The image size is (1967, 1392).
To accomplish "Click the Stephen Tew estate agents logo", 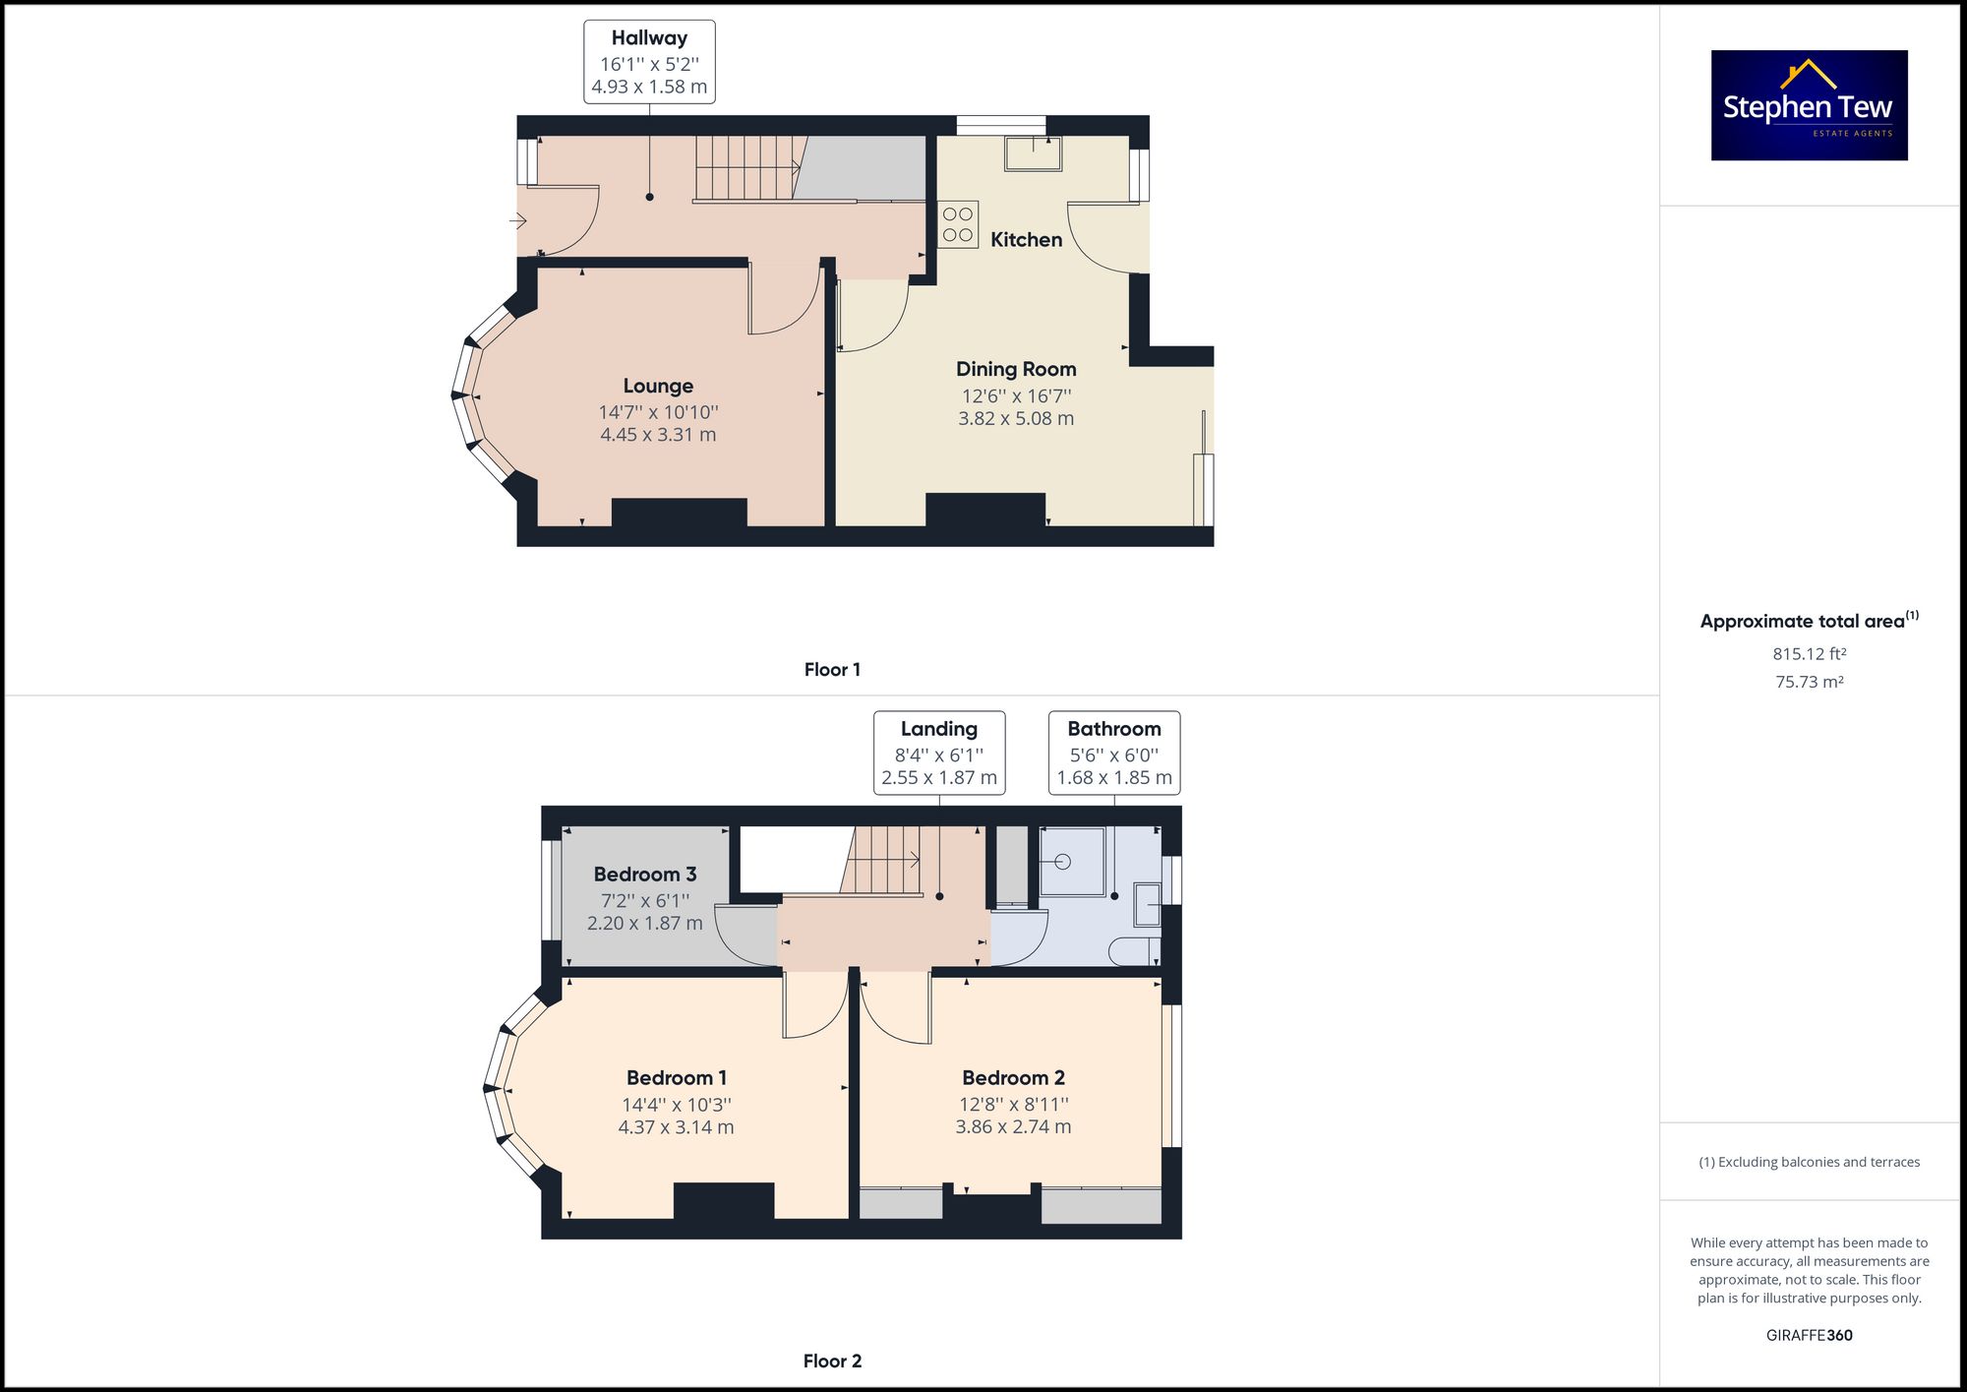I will (1809, 105).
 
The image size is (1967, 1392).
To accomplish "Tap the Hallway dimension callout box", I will (649, 62).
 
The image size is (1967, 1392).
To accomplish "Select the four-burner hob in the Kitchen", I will (958, 224).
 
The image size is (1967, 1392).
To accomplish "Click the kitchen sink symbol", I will (1033, 153).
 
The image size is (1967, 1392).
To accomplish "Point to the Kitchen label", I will (1026, 240).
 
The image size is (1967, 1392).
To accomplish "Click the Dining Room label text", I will (1016, 369).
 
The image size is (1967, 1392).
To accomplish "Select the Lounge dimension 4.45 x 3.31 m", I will (658, 435).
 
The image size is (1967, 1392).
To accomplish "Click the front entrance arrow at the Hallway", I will (517, 221).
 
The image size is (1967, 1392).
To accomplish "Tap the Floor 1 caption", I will (832, 670).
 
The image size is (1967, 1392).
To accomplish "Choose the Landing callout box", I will (939, 753).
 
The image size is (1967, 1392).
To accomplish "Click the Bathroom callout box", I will (1114, 753).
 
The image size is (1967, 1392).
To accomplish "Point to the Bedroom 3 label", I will (645, 875).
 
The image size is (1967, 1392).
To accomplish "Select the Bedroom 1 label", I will (677, 1078).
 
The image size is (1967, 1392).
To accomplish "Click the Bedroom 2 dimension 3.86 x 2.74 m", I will (1013, 1127).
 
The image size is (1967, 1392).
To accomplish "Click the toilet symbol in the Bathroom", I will (1133, 951).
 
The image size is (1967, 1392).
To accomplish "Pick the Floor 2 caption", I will (832, 1362).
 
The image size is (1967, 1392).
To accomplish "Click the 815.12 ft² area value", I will (1809, 654).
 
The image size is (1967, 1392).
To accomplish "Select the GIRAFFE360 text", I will (1809, 1336).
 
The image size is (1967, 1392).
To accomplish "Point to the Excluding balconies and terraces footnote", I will (1809, 1163).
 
